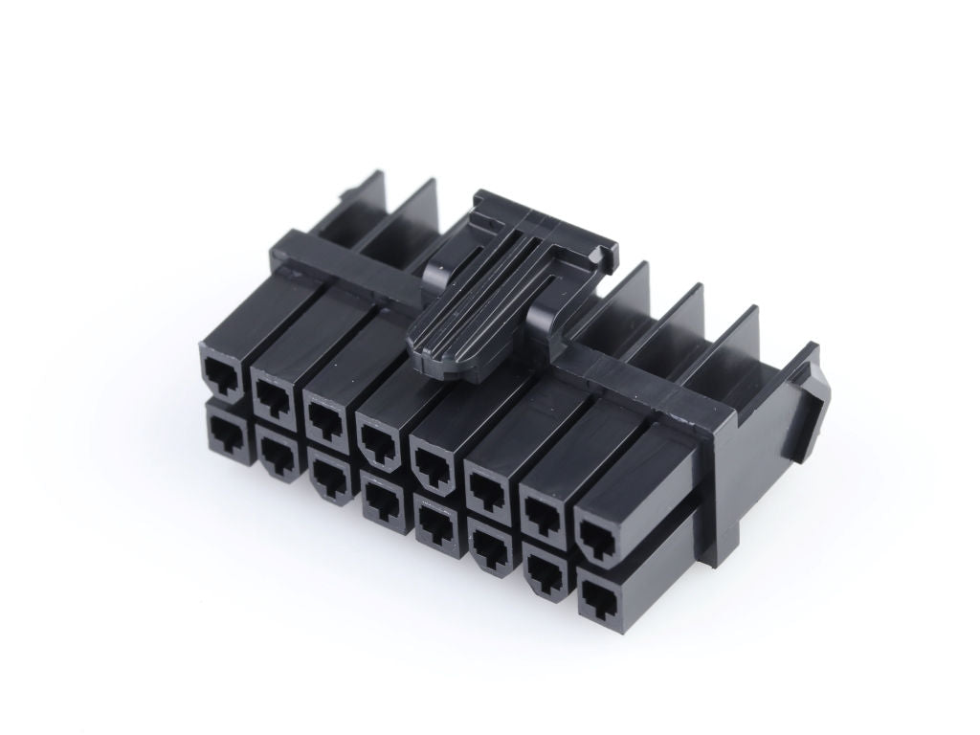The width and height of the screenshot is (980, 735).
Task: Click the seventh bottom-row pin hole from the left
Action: coord(545,575)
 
